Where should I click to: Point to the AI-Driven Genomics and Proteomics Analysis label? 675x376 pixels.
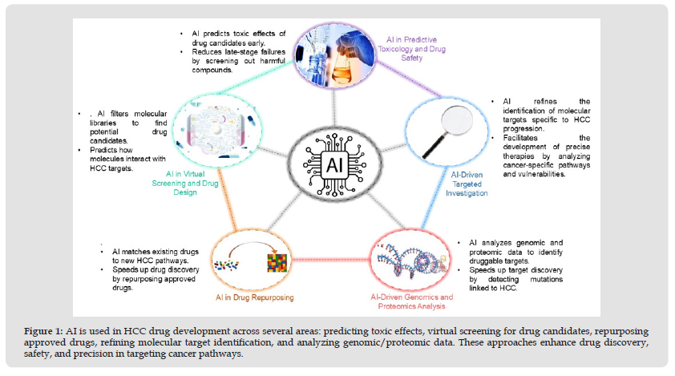(x=411, y=301)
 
